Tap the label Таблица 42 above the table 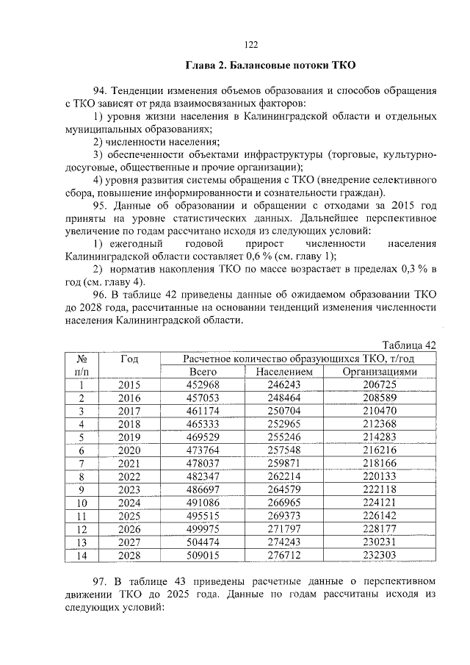(411, 345)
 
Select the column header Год (129, 359)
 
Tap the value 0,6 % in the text (238, 256)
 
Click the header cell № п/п (82, 365)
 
